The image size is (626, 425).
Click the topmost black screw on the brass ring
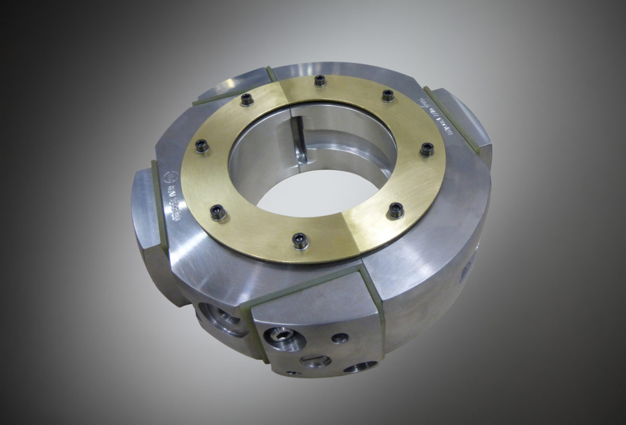click(x=320, y=80)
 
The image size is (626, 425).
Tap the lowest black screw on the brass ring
click(x=299, y=240)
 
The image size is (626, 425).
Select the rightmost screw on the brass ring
click(x=427, y=149)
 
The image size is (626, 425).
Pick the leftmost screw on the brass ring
click(x=201, y=147)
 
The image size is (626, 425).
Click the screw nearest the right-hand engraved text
click(x=388, y=95)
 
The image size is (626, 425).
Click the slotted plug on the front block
click(x=316, y=360)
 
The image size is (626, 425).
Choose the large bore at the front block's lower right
click(x=361, y=368)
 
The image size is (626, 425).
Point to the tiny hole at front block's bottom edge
click(x=292, y=373)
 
